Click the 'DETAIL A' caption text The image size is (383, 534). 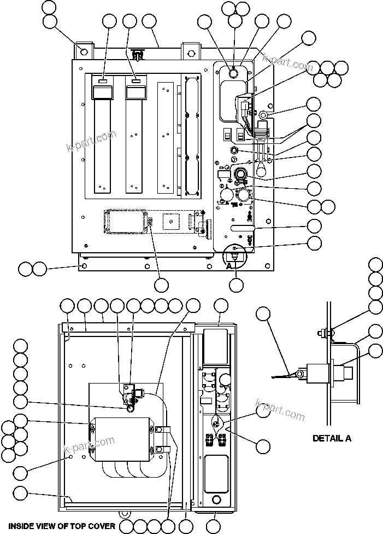click(x=332, y=438)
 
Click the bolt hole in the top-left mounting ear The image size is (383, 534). click(x=84, y=51)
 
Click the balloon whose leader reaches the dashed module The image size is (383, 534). click(x=161, y=285)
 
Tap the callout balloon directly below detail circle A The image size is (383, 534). click(x=236, y=285)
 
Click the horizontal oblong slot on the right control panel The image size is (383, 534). click(x=243, y=226)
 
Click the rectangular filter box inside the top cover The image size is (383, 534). click(x=122, y=439)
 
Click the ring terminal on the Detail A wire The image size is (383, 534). click(x=299, y=374)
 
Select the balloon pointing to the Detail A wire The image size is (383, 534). click(x=263, y=314)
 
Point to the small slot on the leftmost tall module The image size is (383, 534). click(x=102, y=81)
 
